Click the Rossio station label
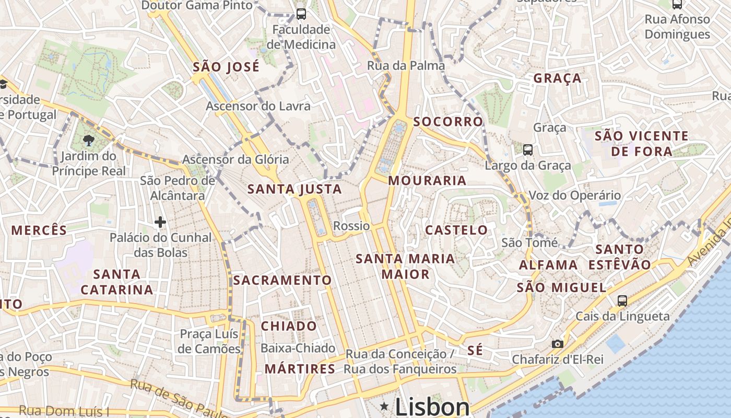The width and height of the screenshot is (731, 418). (351, 226)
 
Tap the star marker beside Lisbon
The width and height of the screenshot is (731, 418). (385, 406)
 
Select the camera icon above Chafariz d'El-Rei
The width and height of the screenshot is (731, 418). (558, 344)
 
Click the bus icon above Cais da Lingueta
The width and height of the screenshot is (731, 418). (622, 300)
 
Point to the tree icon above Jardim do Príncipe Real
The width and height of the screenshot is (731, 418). (88, 140)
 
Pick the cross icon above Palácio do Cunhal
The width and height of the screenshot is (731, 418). (160, 223)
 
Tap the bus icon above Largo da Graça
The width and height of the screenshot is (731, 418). (527, 150)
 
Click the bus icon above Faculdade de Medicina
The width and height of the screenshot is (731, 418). (301, 14)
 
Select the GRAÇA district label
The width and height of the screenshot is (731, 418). (557, 78)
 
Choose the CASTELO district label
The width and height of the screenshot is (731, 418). (456, 230)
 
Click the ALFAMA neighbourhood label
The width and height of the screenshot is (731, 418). (548, 265)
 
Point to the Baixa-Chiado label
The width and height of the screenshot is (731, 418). (298, 348)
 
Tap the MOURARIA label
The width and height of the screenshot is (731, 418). (427, 181)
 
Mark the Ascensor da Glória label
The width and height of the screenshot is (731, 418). (235, 159)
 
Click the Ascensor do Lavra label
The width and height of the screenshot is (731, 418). (258, 106)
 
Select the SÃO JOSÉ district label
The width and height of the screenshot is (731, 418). (226, 67)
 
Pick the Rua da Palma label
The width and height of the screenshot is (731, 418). (406, 65)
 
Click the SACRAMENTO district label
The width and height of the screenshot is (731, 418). (282, 280)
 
